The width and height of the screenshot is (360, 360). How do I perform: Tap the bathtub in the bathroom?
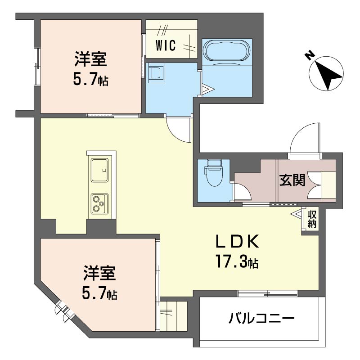pyautogui.click(x=225, y=50)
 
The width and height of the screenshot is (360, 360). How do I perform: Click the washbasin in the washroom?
pyautogui.click(x=157, y=73)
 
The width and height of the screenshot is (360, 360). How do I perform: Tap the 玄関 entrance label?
pyautogui.click(x=292, y=180)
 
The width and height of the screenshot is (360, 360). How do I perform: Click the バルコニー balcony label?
pyautogui.click(x=261, y=320)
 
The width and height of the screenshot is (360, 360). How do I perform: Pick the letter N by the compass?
pyautogui.click(x=309, y=55)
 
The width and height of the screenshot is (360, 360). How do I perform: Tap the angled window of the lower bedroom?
pyautogui.click(x=62, y=311)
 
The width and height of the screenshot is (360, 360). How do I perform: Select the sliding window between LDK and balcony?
pyautogui.click(x=267, y=294)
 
